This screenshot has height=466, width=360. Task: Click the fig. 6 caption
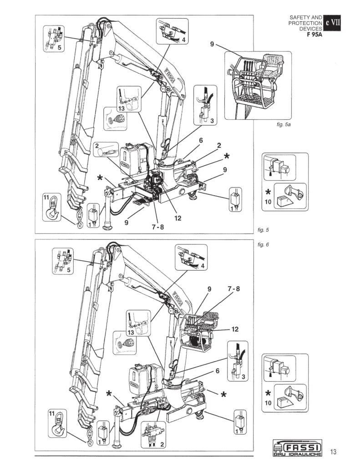tap(264, 244)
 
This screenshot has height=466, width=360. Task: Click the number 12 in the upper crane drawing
tap(177, 218)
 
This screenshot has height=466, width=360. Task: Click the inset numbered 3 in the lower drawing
tap(236, 360)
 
